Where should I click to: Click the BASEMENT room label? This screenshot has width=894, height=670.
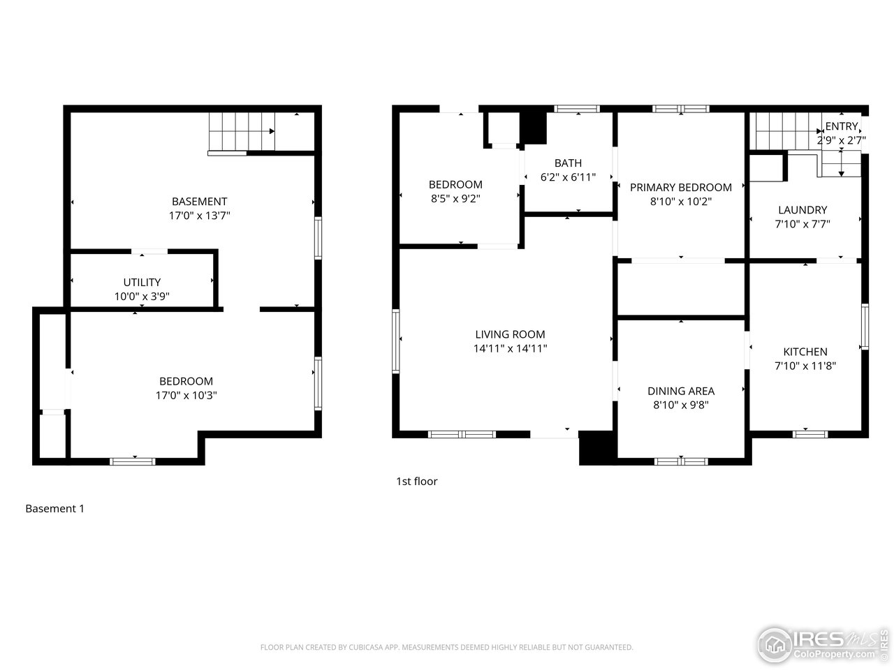(x=199, y=202)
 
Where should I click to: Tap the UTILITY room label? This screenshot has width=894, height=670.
(x=142, y=282)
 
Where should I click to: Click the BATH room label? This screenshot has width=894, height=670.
(x=568, y=163)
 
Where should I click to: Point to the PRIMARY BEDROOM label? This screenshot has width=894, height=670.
(x=680, y=187)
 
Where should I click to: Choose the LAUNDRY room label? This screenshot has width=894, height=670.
(x=802, y=210)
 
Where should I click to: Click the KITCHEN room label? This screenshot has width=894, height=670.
(x=805, y=352)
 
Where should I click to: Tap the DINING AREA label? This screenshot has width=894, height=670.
(x=680, y=391)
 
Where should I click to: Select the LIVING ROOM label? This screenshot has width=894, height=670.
(x=510, y=334)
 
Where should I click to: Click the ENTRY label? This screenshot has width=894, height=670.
(x=841, y=126)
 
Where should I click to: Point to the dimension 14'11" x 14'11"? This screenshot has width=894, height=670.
(x=510, y=348)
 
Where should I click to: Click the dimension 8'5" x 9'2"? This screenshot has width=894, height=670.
(x=455, y=198)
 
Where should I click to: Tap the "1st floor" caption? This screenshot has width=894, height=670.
(x=416, y=481)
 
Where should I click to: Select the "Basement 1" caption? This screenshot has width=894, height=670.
(x=54, y=509)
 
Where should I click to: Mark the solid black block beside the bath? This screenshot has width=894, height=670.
(x=534, y=127)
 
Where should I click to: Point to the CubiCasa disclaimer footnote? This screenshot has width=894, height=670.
(x=446, y=648)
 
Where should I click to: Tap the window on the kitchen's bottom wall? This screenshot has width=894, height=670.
(x=810, y=434)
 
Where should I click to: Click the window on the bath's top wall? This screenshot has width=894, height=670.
(x=577, y=108)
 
